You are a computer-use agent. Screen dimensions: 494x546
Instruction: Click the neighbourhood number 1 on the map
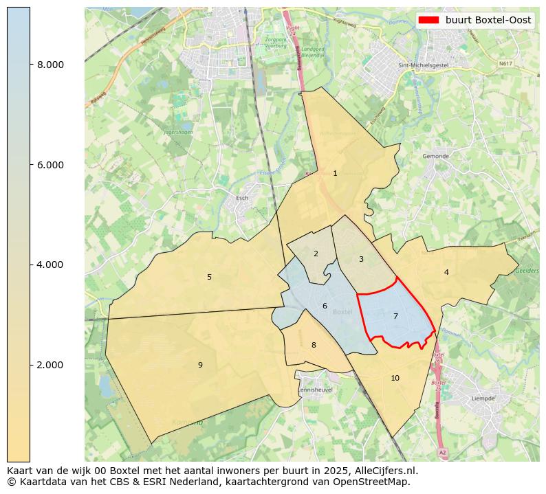point(335,174)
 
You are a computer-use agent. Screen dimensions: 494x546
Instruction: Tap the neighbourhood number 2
point(316,254)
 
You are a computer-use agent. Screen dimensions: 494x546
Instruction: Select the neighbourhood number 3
point(361,260)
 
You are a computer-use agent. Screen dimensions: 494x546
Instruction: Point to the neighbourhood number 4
point(446,273)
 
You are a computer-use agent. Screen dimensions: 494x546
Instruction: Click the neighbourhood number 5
point(209,278)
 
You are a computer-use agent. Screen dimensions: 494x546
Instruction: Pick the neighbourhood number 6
point(325,306)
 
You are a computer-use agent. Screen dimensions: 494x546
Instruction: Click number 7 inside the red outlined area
point(395,317)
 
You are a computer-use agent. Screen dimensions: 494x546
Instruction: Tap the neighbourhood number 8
point(314,346)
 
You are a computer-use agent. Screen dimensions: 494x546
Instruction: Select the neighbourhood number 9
point(200,366)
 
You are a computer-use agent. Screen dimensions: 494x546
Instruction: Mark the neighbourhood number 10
point(395,379)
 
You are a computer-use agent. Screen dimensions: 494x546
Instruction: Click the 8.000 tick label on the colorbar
point(50,65)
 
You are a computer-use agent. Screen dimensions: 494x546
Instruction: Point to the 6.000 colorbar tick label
point(50,165)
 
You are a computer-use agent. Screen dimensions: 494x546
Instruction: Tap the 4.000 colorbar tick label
point(50,265)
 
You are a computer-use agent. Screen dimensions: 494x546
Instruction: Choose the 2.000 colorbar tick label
point(50,365)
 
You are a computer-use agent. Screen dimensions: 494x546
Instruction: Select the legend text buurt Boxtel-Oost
point(488,20)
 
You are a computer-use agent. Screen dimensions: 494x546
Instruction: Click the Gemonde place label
point(435,157)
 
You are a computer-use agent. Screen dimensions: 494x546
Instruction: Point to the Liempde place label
point(483,398)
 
